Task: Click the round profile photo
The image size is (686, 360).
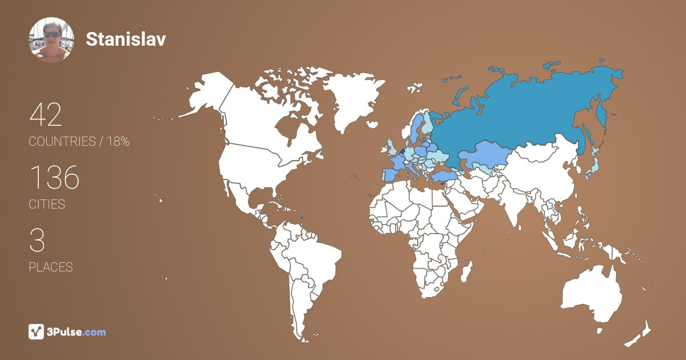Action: tap(51, 39)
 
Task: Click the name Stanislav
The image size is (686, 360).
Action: tap(126, 39)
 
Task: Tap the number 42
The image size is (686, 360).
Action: tap(45, 115)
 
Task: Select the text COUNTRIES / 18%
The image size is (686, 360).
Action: tap(79, 142)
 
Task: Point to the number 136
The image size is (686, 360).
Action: tap(54, 178)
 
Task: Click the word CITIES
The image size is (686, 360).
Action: tap(47, 204)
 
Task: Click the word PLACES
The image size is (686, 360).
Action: tap(51, 267)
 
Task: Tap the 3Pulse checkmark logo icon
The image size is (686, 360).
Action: tap(37, 331)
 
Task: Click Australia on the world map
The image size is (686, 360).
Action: tap(592, 294)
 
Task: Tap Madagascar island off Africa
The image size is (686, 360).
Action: tap(466, 271)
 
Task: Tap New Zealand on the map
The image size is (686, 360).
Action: tap(640, 334)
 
